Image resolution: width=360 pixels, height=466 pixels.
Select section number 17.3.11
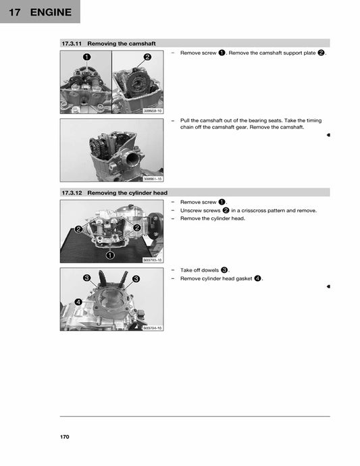point(71,43)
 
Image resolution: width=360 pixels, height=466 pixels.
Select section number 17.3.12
point(71,192)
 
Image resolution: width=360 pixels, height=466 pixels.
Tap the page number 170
point(65,437)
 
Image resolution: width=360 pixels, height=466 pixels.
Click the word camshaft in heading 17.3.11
point(141,43)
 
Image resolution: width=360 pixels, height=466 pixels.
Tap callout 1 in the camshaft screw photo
point(87,57)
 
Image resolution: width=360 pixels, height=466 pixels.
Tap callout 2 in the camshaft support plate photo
point(147,57)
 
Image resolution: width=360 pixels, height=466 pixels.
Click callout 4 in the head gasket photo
point(78,302)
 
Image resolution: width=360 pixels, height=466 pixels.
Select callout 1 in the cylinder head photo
point(109,255)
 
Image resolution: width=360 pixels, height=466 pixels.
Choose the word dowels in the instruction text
point(209,270)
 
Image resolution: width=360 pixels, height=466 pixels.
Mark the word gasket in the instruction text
point(240,278)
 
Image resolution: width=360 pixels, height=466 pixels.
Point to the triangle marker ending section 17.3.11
point(328,135)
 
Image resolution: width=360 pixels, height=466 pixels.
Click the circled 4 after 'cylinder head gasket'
point(257,278)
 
